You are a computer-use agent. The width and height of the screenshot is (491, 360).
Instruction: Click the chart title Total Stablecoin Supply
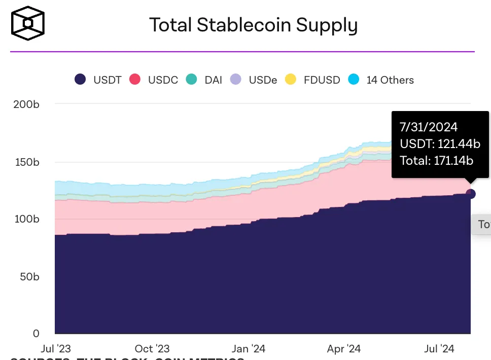coord(253,25)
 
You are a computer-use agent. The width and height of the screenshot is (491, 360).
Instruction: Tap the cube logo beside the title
coord(28,23)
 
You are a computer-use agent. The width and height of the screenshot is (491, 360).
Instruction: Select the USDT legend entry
coord(98,80)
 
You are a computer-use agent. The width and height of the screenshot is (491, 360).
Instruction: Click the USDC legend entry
coord(154,80)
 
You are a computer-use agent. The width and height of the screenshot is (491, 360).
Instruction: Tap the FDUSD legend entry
coord(312,80)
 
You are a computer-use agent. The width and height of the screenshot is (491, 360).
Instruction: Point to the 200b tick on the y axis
coord(26,104)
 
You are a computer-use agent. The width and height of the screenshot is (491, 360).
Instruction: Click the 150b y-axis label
coord(26,162)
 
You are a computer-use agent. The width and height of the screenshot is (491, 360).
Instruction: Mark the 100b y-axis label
coord(26,219)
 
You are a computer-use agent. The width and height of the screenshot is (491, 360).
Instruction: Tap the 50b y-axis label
coord(29,277)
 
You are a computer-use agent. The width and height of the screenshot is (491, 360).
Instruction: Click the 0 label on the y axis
coord(36,333)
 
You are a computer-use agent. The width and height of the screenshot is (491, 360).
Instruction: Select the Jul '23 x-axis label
coord(55,349)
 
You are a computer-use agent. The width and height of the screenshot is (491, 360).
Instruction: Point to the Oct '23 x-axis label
coord(152,349)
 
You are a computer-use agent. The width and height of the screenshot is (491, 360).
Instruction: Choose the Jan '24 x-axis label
coord(248,349)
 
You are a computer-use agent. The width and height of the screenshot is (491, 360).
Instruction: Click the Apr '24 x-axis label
coord(344,349)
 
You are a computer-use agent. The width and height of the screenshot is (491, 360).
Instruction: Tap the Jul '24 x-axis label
coord(439,349)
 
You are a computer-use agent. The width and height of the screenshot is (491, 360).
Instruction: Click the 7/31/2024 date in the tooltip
coord(428,128)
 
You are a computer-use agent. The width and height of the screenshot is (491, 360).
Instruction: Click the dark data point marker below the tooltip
coord(470,194)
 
